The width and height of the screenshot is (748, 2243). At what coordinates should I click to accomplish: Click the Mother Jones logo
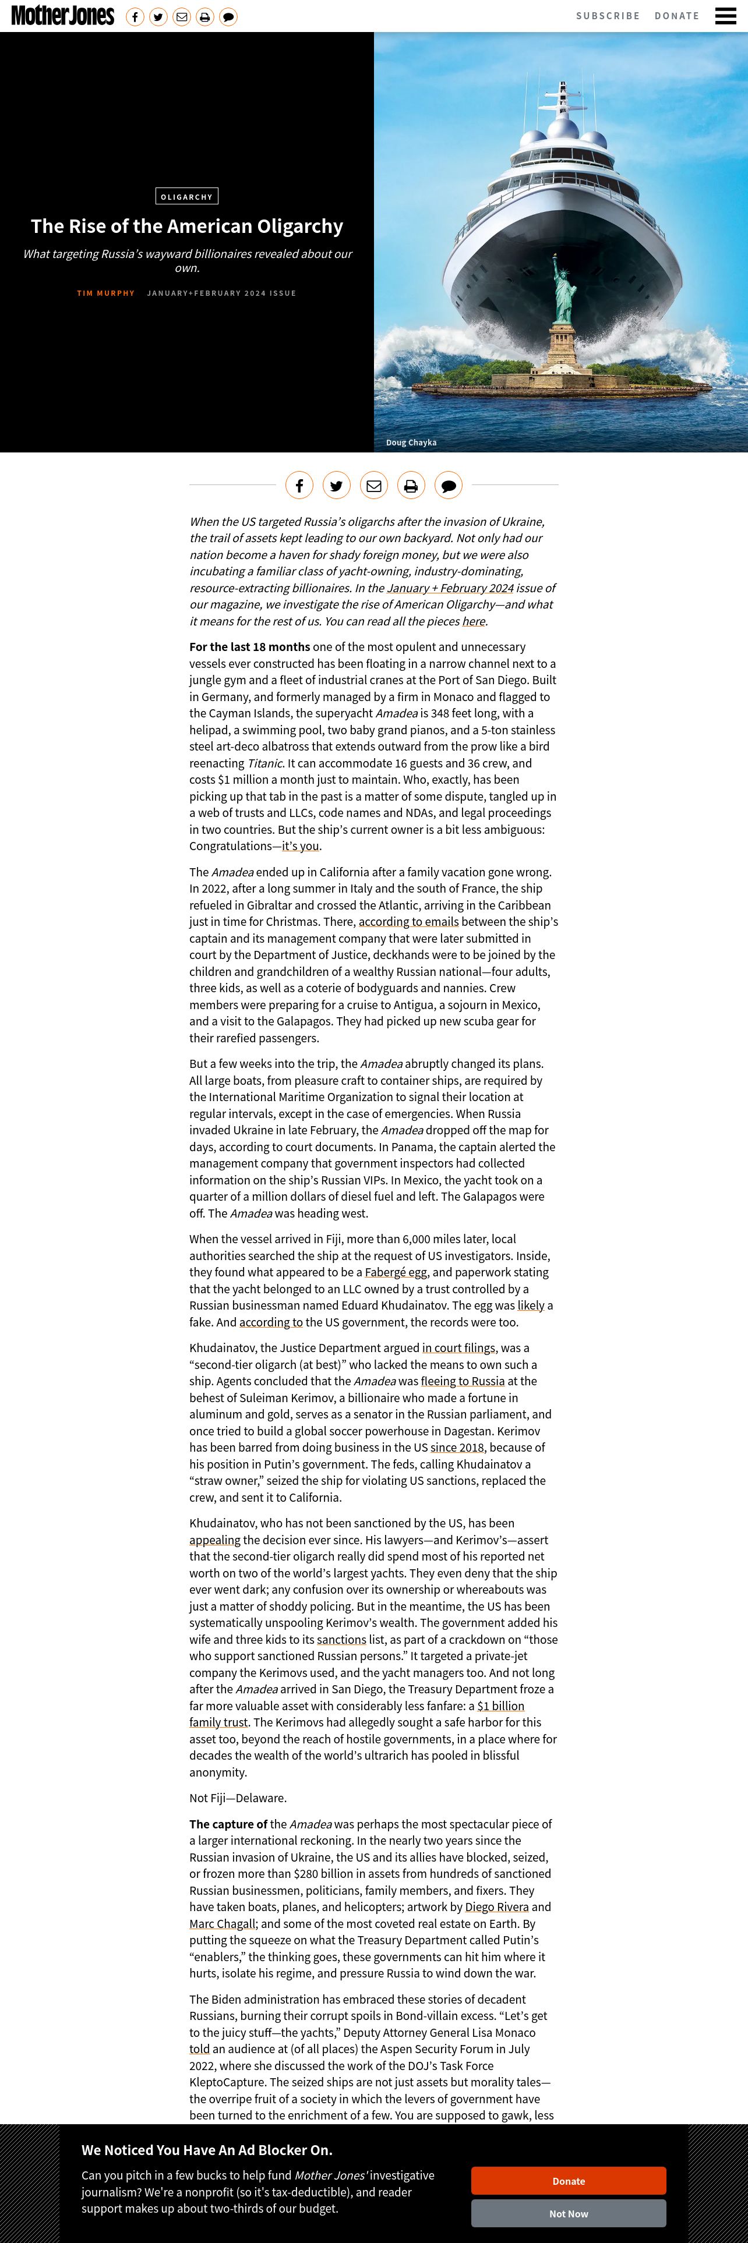[x=63, y=16]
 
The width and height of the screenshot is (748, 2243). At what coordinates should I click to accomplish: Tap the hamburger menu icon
[x=725, y=16]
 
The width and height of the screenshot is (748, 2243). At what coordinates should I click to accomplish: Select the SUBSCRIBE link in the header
[x=608, y=16]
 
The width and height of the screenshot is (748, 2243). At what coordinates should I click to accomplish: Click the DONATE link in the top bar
[x=676, y=16]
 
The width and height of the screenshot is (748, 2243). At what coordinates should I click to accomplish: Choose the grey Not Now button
[x=568, y=2213]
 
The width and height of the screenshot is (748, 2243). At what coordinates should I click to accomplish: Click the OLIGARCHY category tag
[x=186, y=197]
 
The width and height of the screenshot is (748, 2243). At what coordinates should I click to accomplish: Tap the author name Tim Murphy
[x=105, y=293]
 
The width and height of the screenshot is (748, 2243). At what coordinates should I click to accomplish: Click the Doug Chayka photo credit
[x=411, y=443]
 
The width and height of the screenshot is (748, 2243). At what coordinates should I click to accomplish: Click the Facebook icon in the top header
[x=135, y=16]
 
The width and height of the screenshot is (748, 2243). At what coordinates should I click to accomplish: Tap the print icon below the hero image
[x=411, y=485]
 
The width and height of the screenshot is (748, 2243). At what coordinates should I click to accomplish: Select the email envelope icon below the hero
[x=373, y=485]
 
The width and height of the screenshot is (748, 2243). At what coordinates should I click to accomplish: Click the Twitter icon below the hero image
[x=336, y=485]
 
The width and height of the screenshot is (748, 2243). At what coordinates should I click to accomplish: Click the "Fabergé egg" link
[x=396, y=1272]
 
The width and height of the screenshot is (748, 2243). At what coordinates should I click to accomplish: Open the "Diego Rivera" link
[x=496, y=1907]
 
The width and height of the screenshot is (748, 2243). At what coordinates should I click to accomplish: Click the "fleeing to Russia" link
[x=463, y=1381]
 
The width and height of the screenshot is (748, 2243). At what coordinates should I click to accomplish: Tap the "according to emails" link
[x=408, y=922]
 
